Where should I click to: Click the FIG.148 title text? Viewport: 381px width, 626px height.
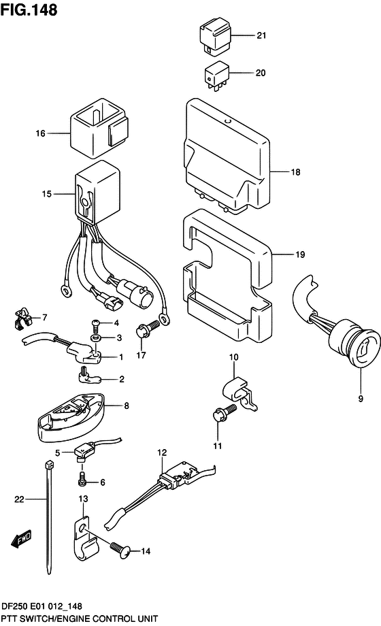pyautogui.click(x=29, y=10)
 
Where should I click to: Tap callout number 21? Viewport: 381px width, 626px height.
pyautogui.click(x=261, y=35)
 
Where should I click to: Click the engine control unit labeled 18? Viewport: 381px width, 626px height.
pyautogui.click(x=227, y=156)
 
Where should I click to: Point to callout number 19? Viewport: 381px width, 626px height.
pyautogui.click(x=300, y=254)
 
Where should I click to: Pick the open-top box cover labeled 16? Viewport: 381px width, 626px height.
pyautogui.click(x=99, y=128)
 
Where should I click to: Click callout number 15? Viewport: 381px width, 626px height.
pyautogui.click(x=47, y=194)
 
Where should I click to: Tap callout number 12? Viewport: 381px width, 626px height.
pyautogui.click(x=162, y=452)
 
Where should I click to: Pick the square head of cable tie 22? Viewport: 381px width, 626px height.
pyautogui.click(x=49, y=465)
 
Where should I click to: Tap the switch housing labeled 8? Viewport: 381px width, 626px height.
pyautogui.click(x=71, y=417)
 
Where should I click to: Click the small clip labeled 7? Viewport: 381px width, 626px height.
pyautogui.click(x=21, y=318)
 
